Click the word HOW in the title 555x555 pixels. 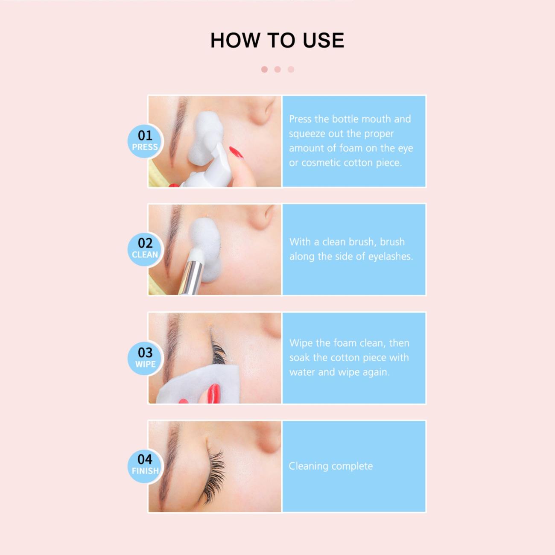235,40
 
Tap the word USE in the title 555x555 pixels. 324,40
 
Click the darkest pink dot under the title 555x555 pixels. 264,70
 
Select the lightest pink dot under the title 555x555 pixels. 291,70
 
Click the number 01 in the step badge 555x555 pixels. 145,135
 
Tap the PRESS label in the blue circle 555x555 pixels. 145,147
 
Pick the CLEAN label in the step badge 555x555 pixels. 145,254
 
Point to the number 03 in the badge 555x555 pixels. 145,353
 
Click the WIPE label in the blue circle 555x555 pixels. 145,364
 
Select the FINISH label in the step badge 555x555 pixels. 145,471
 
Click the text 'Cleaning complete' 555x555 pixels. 330,466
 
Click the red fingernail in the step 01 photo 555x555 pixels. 236,152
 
